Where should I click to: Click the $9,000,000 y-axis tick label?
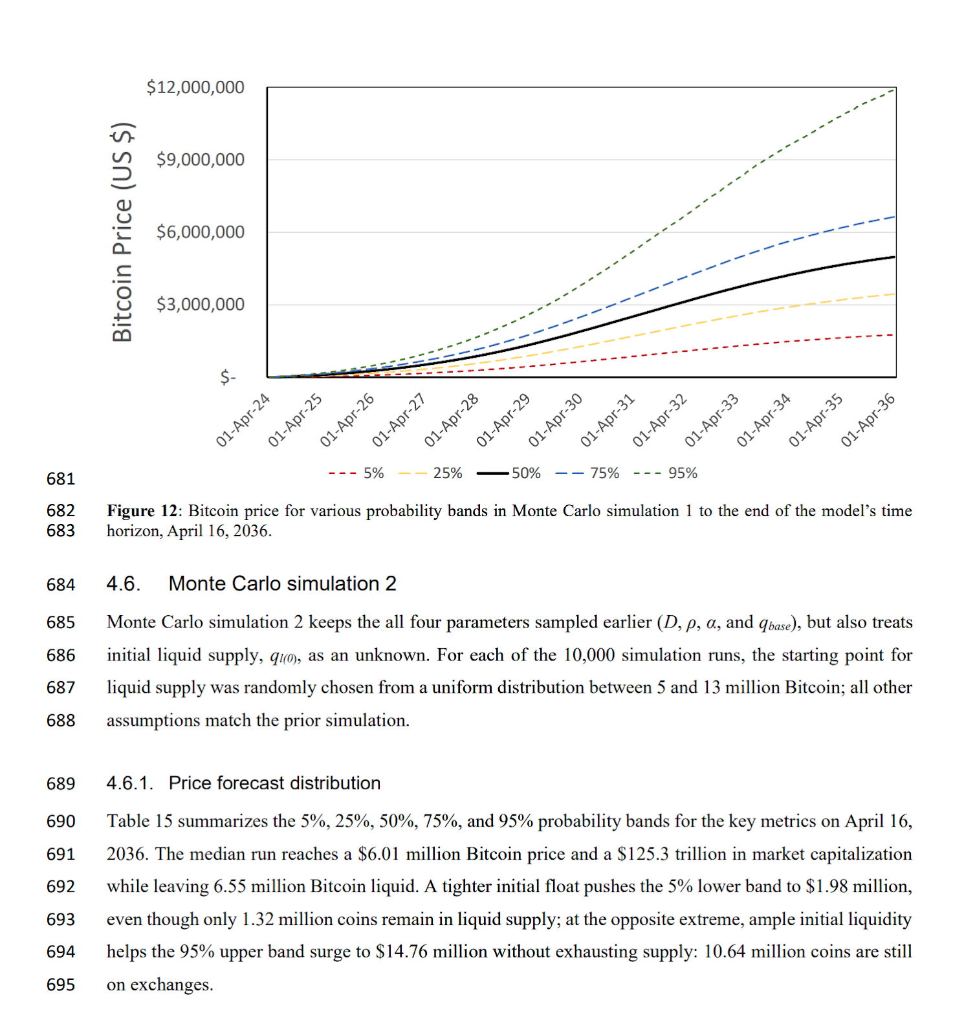[x=200, y=160]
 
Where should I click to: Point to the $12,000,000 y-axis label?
[x=195, y=87]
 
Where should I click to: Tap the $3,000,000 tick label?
[x=200, y=305]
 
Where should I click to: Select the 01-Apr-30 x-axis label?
[x=555, y=420]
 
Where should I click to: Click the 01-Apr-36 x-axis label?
[x=868, y=420]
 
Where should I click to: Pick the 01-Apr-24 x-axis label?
[x=243, y=420]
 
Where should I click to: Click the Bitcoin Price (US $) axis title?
[x=123, y=232]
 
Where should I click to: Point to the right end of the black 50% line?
[x=894, y=257]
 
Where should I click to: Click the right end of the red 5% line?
[x=893, y=335]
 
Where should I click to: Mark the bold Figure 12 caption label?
[x=142, y=511]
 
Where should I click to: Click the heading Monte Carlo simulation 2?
[x=282, y=584]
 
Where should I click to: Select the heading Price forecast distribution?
[x=274, y=783]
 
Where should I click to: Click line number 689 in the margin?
[x=61, y=784]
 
